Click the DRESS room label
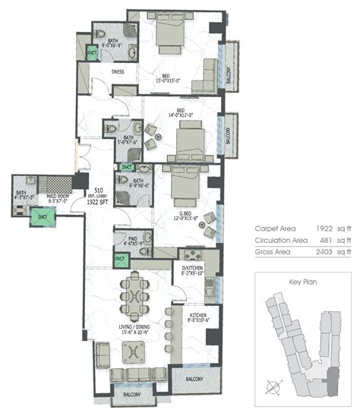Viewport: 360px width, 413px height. [118, 73]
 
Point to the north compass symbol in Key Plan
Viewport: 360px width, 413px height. [271, 386]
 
